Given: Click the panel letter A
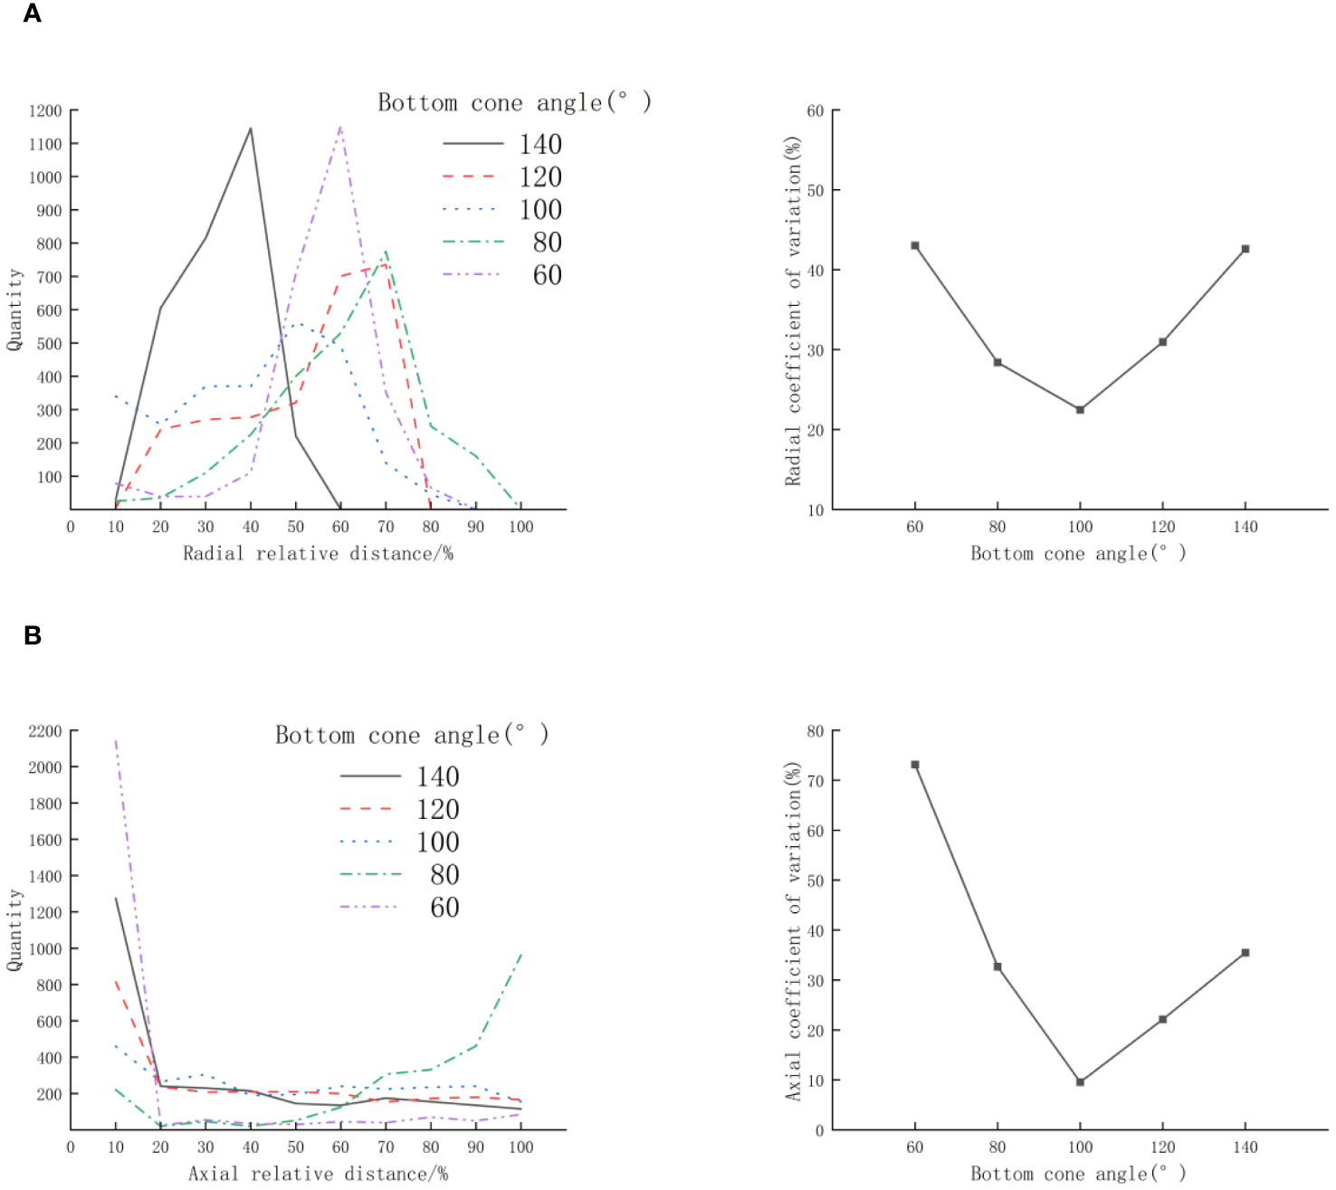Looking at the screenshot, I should pyautogui.click(x=33, y=14).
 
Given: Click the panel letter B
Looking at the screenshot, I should pyautogui.click(x=33, y=636).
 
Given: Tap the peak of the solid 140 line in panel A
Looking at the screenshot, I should pyautogui.click(x=251, y=129).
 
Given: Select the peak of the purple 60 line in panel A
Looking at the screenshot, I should pyautogui.click(x=340, y=127).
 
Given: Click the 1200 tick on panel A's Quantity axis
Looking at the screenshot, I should pyautogui.click(x=45, y=111).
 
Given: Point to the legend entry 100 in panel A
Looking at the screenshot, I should pyautogui.click(x=540, y=210).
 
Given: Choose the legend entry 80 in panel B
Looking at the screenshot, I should pyautogui.click(x=444, y=875).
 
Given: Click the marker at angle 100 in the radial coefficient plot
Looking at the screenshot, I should pyautogui.click(x=1080, y=410).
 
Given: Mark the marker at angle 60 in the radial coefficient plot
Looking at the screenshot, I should pyautogui.click(x=915, y=245).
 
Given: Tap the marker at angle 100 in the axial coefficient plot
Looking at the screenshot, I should pyautogui.click(x=1080, y=1082).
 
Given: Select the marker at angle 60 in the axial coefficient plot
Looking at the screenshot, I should pyautogui.click(x=915, y=765).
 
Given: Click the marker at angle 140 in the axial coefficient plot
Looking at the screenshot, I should pyautogui.click(x=1245, y=953).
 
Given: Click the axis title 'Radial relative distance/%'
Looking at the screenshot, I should pyautogui.click(x=318, y=554).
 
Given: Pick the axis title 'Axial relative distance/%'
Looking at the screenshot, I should pyautogui.click(x=318, y=1175).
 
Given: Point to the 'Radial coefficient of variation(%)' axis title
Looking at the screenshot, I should pyautogui.click(x=793, y=310).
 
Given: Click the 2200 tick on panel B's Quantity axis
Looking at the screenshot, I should pyautogui.click(x=45, y=731).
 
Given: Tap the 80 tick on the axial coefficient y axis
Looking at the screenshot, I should pyautogui.click(x=816, y=731).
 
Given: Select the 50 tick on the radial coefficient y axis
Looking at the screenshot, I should pyautogui.click(x=816, y=191).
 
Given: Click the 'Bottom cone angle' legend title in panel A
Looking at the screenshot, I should pyautogui.click(x=514, y=103).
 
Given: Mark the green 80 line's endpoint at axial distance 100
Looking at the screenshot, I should pyautogui.click(x=521, y=954).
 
